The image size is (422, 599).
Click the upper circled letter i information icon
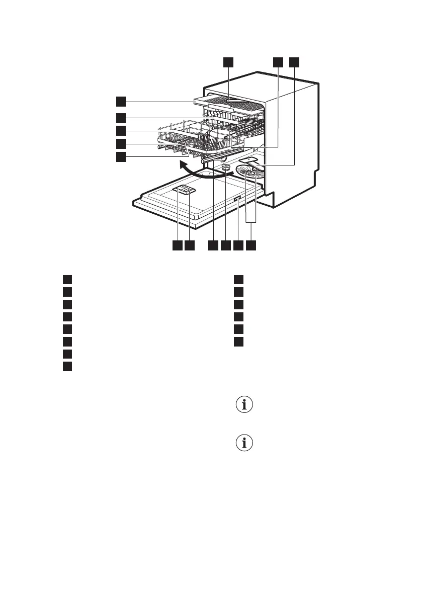click(x=245, y=405)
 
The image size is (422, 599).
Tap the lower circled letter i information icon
click(x=245, y=443)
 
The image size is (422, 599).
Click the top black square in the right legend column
click(x=239, y=280)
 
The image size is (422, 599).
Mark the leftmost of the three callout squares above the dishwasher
click(x=228, y=62)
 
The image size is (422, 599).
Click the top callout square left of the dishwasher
click(x=120, y=101)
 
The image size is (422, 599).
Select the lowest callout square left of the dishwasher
click(x=120, y=157)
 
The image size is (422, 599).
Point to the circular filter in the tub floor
click(x=251, y=176)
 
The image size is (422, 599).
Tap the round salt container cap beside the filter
click(x=226, y=167)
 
